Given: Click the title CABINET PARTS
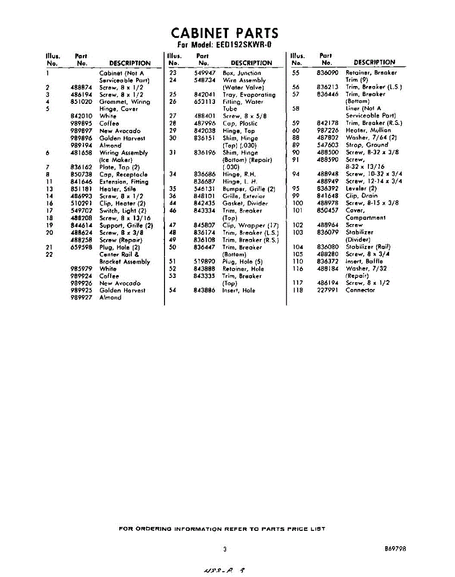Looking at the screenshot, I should tap(224, 33).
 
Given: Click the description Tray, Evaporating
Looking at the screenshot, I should tap(249, 95).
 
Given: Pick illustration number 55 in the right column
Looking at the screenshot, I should tap(296, 73).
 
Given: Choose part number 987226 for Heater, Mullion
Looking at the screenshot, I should tap(328, 130).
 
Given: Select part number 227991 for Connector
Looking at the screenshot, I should tap(328, 290).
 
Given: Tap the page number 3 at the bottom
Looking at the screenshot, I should tap(225, 549).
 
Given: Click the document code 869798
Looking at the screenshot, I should tap(395, 548).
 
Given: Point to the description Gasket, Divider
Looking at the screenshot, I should tap(245, 203).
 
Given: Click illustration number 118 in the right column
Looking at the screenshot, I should tap(298, 290).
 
